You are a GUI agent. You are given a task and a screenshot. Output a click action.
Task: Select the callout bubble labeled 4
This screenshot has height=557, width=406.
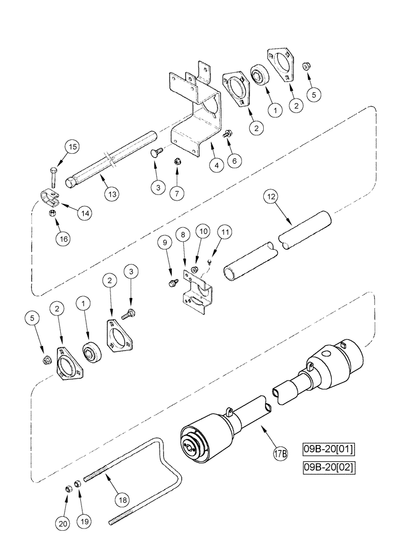point(215,165)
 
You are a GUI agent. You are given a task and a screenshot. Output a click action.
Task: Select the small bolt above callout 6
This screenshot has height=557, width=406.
point(228,134)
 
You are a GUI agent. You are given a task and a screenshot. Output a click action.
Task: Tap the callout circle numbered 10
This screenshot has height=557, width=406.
point(203,230)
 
